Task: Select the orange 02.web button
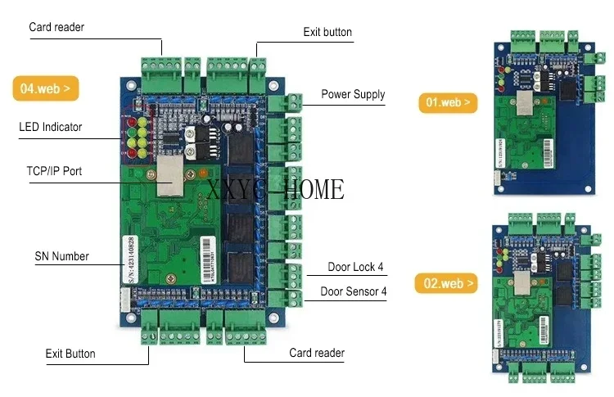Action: coord(448,284)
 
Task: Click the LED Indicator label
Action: coord(50,127)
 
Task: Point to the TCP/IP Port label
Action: coord(54,171)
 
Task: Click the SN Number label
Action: coord(61,256)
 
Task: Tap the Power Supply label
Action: coord(352,94)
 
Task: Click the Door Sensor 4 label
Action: coord(354,291)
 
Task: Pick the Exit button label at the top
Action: coord(327,33)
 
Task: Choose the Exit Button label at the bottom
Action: coord(70,354)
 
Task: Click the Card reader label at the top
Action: coord(56,27)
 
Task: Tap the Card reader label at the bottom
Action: coord(317,354)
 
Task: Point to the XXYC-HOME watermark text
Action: coord(276,191)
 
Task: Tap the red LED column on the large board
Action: coord(130,138)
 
